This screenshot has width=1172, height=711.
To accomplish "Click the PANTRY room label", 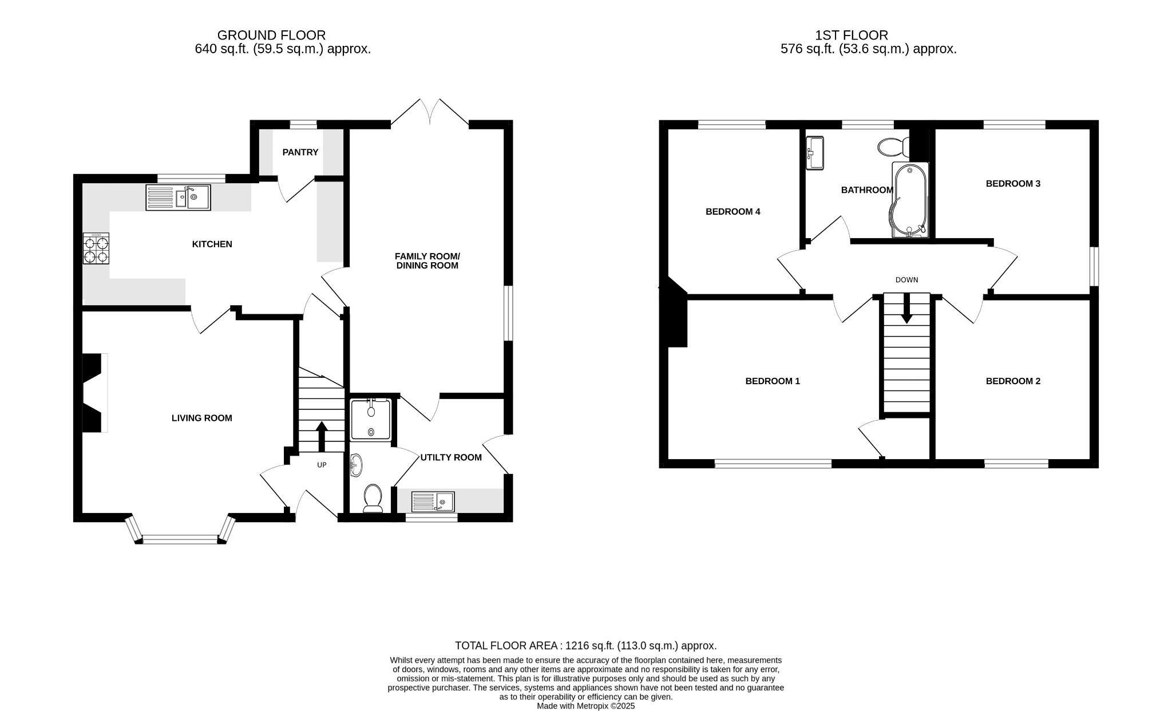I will click(300, 152).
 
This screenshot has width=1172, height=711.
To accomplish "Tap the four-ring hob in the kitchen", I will click(96, 248).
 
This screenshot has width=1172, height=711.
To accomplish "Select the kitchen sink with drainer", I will click(178, 197).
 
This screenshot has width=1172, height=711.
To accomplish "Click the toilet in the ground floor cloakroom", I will click(373, 498).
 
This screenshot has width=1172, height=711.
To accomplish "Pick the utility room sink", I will click(433, 502).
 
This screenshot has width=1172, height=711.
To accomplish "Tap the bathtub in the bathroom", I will click(909, 200).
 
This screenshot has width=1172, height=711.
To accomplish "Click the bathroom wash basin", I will click(814, 153).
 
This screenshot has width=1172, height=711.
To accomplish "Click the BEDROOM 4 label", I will click(732, 212).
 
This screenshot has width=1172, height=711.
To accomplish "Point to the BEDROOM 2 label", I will click(1012, 381).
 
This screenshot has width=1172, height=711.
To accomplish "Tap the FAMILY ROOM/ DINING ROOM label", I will click(427, 261).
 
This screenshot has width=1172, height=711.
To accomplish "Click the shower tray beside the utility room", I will click(371, 420).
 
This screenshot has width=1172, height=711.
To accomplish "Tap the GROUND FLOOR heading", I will click(271, 35).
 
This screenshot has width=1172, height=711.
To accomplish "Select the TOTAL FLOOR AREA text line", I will click(585, 646).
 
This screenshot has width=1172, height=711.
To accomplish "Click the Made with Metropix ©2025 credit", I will click(585, 706).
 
